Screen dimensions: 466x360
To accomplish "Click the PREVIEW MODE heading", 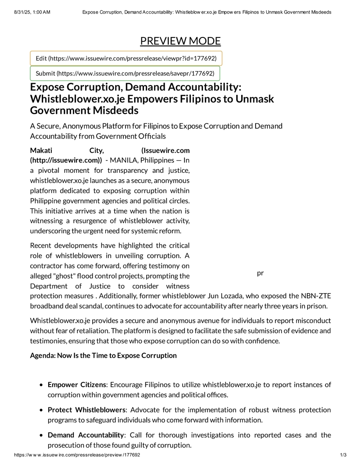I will (x=180, y=41).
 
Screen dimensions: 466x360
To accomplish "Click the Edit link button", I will (x=126, y=59).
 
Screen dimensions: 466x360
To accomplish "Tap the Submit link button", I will (x=125, y=73).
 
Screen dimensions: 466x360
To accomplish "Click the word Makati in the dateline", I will (x=42, y=150).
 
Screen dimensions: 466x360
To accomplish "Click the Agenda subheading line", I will (x=103, y=355).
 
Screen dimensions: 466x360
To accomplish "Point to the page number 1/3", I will (x=342, y=455).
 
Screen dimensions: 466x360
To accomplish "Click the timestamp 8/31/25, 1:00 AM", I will (x=32, y=12).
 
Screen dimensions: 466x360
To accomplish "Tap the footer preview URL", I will (x=77, y=455).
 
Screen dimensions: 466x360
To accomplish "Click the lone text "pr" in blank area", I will (x=260, y=273).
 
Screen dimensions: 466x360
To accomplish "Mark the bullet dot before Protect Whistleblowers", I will (x=41, y=410).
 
